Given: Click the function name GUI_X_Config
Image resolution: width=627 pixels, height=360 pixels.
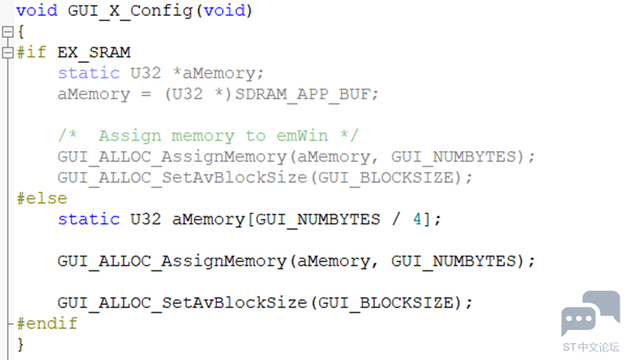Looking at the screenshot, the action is point(130,11).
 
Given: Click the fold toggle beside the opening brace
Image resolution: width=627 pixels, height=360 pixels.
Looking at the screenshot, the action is point(8,32).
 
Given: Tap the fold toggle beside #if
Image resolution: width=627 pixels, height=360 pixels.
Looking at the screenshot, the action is point(8,53).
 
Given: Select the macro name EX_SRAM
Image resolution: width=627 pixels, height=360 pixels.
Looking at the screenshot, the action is point(94,53).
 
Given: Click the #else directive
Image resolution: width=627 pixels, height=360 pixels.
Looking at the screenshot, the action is point(42,199).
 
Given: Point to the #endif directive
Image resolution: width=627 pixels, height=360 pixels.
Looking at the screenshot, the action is point(48,323).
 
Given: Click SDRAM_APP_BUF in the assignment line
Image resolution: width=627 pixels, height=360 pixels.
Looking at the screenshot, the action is point(302,94).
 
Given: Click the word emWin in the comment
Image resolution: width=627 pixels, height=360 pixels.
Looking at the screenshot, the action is point(302,136).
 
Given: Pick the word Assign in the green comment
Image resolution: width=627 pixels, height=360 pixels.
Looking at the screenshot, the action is point(130,136).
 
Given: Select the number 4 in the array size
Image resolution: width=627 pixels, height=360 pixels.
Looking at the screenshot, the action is point(417,219).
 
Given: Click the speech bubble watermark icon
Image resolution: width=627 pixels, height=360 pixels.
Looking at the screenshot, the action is point(590,312).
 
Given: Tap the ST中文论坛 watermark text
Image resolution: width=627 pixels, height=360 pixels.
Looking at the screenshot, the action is point(591,347).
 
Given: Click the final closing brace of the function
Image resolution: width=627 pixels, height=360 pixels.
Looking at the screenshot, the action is point(20,344).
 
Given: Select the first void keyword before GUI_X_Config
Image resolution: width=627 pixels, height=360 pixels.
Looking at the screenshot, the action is point(37,11).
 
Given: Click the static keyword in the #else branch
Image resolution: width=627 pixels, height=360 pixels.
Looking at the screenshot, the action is point(88,219).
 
